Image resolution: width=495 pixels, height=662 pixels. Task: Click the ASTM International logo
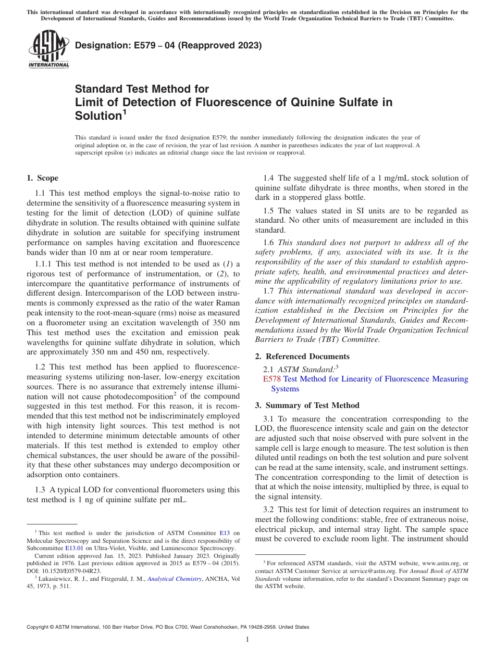48,49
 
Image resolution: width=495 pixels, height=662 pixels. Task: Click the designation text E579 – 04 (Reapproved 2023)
168,46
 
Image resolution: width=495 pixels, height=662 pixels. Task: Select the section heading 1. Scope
42,178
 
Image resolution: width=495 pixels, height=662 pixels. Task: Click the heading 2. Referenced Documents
302,357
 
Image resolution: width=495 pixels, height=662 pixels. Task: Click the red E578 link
271,379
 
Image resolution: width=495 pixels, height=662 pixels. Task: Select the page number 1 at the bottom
247,639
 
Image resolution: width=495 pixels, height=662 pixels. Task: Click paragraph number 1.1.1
44,264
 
